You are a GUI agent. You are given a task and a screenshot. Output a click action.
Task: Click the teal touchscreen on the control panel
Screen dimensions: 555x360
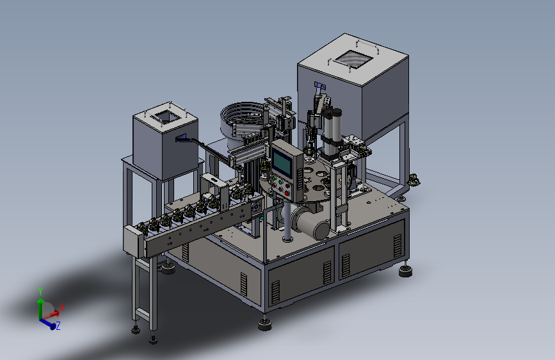pos(282,162)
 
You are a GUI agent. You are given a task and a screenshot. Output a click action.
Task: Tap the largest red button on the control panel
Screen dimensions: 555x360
pos(286,193)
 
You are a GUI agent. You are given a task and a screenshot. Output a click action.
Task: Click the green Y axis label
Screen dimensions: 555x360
pos(40,291)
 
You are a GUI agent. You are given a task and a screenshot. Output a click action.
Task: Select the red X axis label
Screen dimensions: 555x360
pos(62,307)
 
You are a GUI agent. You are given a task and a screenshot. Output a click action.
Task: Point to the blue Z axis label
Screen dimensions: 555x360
pos(58,325)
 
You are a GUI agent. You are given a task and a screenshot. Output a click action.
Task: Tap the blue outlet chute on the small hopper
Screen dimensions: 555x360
pos(182,138)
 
